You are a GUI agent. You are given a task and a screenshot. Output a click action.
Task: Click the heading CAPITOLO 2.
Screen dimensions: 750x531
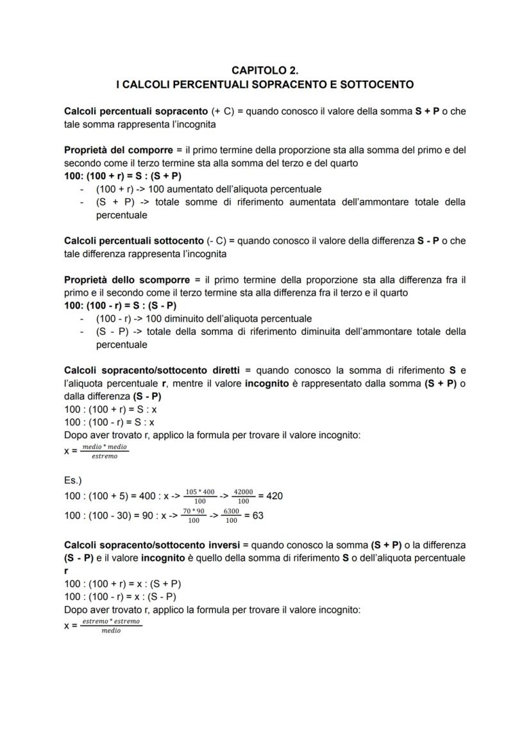click(265, 71)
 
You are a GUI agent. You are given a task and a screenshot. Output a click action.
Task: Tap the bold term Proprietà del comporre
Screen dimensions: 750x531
click(114, 150)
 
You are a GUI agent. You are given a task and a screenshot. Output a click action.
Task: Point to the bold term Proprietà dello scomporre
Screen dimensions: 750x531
click(118, 280)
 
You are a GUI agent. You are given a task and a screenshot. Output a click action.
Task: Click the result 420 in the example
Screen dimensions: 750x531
click(274, 495)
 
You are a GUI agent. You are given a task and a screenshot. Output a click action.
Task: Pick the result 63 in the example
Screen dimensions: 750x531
click(257, 515)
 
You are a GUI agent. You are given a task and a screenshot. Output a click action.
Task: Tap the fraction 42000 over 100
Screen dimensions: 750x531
click(243, 496)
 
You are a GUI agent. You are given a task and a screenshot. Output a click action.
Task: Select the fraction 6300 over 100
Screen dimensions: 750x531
click(232, 515)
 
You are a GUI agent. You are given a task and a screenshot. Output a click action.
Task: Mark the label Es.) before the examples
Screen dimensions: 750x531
click(73, 479)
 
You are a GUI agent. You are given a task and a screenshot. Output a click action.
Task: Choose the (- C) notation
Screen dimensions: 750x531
click(215, 241)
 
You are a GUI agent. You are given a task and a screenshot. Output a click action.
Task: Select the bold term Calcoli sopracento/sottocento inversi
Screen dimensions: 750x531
click(152, 545)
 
